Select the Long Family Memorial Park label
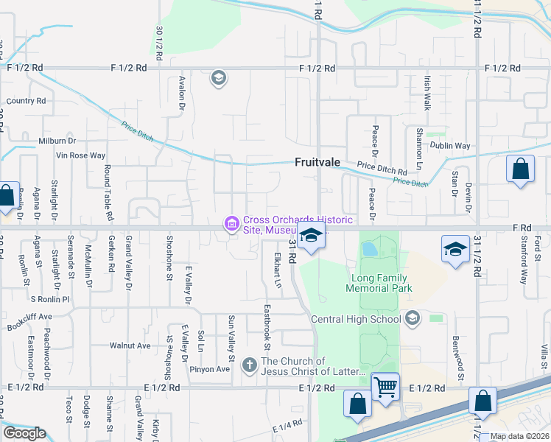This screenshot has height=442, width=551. click(379, 284)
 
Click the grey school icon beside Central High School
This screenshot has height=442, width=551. click(413, 318)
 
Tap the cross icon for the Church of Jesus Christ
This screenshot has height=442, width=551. click(250, 364)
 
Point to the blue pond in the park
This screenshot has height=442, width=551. click(368, 249)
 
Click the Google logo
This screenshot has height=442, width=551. click(24, 432)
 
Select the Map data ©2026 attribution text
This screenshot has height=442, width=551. click(519, 436)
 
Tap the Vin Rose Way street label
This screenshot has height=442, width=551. click(81, 155)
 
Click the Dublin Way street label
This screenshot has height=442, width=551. click(452, 146)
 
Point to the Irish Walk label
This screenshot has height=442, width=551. click(427, 92)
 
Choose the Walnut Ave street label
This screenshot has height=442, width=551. click(130, 345)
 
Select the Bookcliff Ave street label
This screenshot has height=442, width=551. click(30, 318)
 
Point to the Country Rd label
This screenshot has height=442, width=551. click(26, 101)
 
